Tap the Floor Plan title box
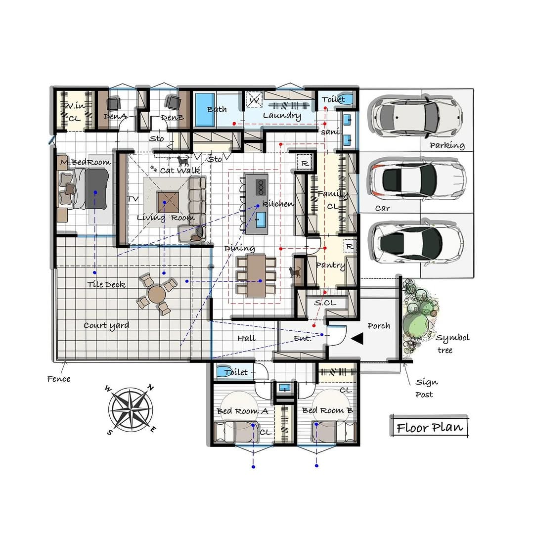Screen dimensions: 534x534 [430, 426]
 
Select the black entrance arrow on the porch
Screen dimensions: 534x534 [357, 339]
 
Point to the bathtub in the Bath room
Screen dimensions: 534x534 [205, 110]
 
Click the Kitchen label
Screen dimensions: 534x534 [278, 204]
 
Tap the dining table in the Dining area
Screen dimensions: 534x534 [257, 275]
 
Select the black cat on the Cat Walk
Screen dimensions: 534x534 [183, 160]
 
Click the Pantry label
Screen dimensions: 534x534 [330, 266]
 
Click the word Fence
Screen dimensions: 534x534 [58, 379]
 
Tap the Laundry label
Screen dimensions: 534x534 [282, 115]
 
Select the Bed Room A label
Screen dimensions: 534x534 [242, 411]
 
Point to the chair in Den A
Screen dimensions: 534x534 [113, 103]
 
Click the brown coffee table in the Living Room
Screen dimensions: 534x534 [168, 202]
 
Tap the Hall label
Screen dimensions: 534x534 [247, 338]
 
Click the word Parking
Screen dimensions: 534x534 [447, 145]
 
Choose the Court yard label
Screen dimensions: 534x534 [106, 325]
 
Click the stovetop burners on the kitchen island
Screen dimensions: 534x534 [261, 187]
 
